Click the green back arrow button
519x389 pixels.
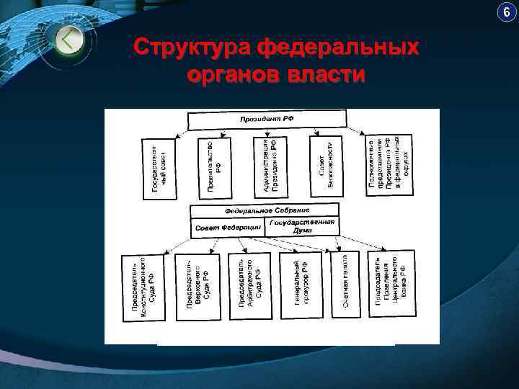click(x=68, y=40)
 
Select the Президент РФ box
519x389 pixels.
click(x=267, y=120)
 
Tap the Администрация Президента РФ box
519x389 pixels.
click(x=270, y=166)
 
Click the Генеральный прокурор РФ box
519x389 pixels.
click(x=301, y=285)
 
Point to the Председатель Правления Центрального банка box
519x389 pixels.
click(x=391, y=284)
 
